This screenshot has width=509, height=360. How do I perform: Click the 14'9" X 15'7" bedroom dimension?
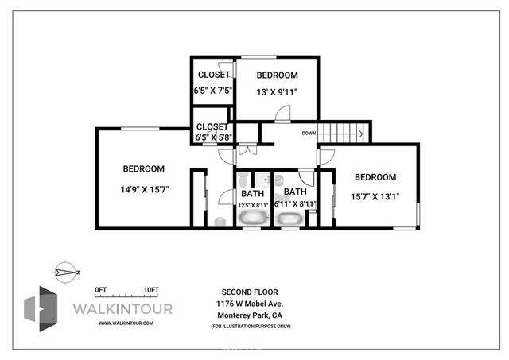coord(144,189)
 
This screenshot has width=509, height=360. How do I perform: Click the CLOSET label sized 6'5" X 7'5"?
coord(213,75)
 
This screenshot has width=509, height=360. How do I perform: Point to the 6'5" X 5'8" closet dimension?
coord(213,137)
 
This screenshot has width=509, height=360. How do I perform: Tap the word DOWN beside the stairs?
coord(309,134)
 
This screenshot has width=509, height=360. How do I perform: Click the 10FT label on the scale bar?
coord(150,289)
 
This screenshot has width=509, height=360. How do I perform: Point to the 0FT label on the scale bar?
coord(101,289)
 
